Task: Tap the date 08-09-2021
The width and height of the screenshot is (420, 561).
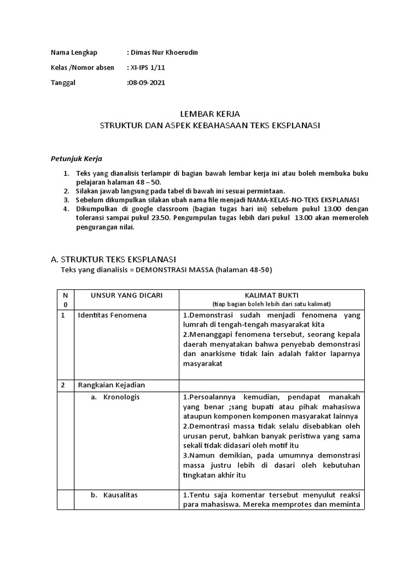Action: tap(146, 83)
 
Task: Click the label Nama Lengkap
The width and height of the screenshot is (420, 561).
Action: tap(74, 53)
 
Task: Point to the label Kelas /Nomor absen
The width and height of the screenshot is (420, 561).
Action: tap(83, 68)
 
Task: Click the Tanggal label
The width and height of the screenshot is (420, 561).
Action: tap(63, 83)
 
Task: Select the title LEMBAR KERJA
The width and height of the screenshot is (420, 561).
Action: tap(210, 114)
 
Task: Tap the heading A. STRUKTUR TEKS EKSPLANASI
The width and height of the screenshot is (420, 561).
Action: tap(117, 259)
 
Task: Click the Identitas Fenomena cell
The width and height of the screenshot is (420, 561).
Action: tap(112, 316)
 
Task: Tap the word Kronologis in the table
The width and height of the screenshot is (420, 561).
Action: tap(121, 397)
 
